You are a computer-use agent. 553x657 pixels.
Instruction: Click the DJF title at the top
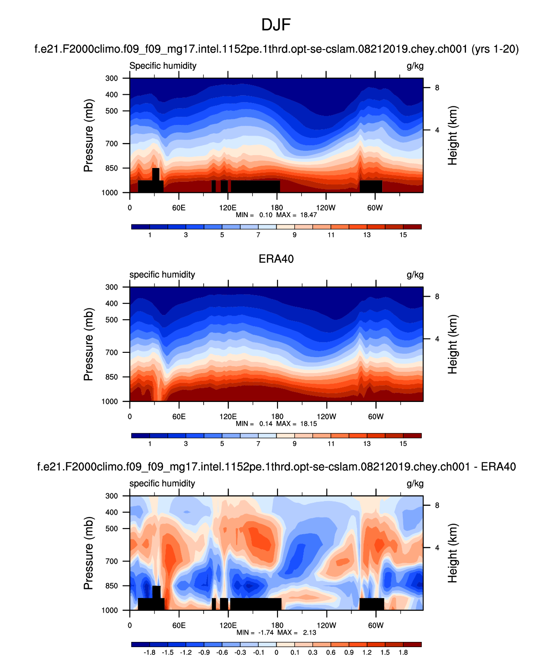click(276, 25)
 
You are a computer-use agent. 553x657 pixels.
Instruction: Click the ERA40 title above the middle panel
click(276, 259)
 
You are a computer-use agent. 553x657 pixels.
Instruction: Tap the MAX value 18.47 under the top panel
click(309, 215)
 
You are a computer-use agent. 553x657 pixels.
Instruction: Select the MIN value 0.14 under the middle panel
click(266, 423)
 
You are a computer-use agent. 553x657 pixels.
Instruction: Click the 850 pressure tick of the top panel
click(111, 168)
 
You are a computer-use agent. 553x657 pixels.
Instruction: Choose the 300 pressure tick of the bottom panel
click(111, 496)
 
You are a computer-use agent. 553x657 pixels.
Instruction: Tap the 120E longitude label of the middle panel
click(228, 417)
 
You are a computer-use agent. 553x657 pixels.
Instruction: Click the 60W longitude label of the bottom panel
click(375, 626)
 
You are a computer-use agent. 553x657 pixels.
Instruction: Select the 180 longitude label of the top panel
click(277, 208)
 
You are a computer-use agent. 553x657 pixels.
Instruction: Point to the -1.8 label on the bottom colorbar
click(149, 652)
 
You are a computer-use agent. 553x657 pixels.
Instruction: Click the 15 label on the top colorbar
click(403, 235)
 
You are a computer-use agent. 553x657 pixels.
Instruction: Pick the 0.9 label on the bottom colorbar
click(349, 652)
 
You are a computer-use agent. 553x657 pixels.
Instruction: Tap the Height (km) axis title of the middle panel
click(452, 344)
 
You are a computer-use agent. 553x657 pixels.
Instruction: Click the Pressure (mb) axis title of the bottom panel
click(88, 553)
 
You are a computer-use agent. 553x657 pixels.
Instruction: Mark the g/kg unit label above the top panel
click(415, 66)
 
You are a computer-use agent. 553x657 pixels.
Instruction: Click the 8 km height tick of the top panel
click(437, 88)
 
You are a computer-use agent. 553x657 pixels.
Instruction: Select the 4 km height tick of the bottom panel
click(437, 548)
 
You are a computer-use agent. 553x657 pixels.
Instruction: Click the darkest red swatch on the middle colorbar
click(412, 436)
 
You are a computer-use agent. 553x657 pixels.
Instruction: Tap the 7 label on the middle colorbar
click(258, 444)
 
